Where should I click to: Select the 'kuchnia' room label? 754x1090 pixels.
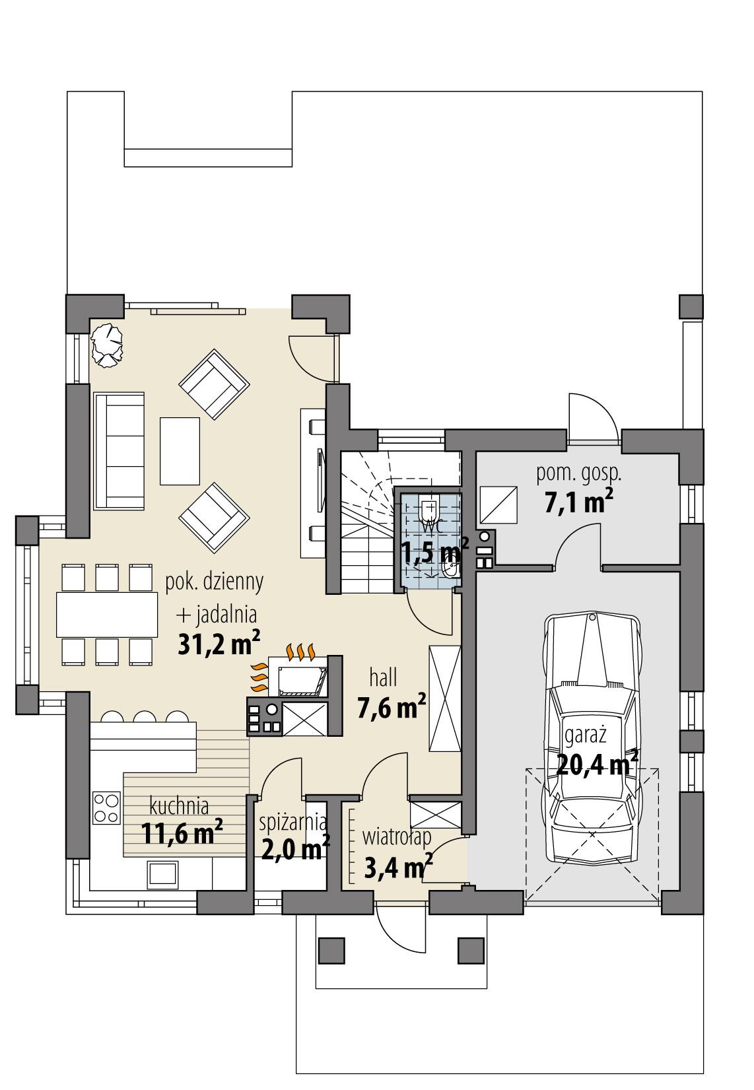[179, 806]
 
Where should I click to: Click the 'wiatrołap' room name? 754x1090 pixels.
[396, 837]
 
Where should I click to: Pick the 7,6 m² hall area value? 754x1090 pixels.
[391, 708]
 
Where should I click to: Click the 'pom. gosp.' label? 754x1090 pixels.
[579, 473]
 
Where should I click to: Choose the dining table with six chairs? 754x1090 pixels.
[107, 615]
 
